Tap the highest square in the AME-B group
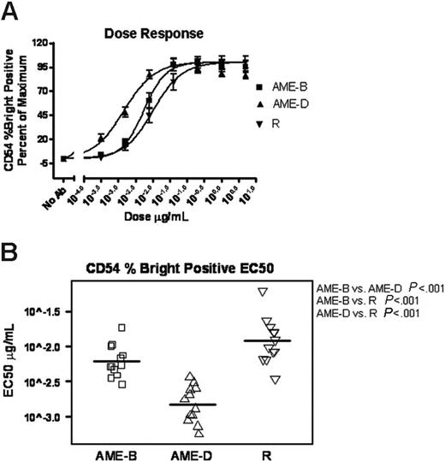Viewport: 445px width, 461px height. click(122, 328)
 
